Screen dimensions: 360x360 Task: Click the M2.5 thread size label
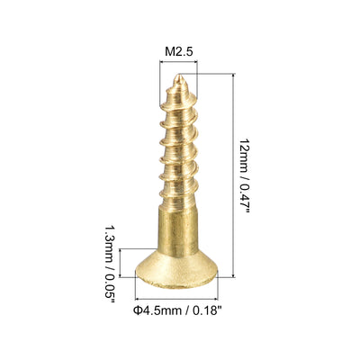(x=179, y=51)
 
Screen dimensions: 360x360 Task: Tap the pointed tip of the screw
(x=179, y=76)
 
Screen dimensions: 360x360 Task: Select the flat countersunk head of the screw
(x=176, y=269)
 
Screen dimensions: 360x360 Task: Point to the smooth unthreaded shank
(x=177, y=231)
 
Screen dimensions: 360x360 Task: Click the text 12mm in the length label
(x=244, y=156)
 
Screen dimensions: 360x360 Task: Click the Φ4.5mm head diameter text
(x=157, y=310)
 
